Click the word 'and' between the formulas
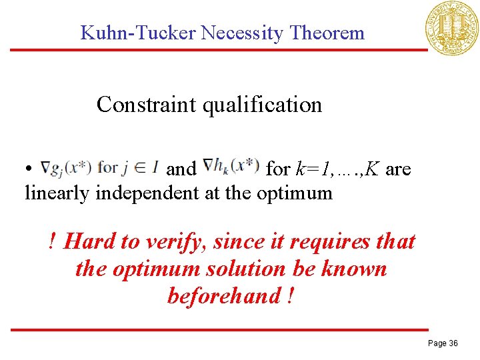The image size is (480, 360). coord(181,169)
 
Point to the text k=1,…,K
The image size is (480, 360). coord(337,169)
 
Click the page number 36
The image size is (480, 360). coord(453,343)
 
